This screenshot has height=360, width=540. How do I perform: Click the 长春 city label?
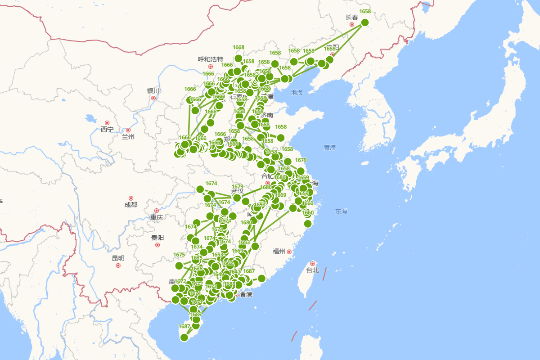[352, 18]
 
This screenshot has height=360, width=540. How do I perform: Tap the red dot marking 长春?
[352, 24]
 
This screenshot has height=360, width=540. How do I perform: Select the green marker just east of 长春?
[365, 22]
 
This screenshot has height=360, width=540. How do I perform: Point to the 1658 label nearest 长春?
[365, 12]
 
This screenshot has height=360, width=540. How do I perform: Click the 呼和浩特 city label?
[211, 59]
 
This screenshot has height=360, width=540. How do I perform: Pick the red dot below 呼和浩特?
[211, 67]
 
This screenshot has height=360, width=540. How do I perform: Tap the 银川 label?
[153, 91]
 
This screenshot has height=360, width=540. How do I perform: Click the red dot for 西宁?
[107, 123]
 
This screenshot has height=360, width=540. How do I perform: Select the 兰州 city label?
[128, 137]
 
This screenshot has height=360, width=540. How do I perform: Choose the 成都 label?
[131, 205]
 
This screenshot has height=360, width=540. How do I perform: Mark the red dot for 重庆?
[157, 211]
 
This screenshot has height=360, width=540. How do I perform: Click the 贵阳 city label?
[157, 238]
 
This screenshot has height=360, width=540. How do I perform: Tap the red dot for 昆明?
[118, 265]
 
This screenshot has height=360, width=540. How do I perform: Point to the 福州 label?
[279, 252]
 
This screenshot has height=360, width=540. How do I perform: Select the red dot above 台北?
[312, 263]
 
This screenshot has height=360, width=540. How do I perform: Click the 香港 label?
[246, 294]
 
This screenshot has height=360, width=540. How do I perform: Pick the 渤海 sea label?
[297, 93]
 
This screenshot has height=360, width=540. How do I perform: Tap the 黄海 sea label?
[329, 147]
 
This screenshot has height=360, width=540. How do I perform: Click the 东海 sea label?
[341, 211]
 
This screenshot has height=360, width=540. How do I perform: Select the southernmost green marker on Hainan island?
[184, 337]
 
